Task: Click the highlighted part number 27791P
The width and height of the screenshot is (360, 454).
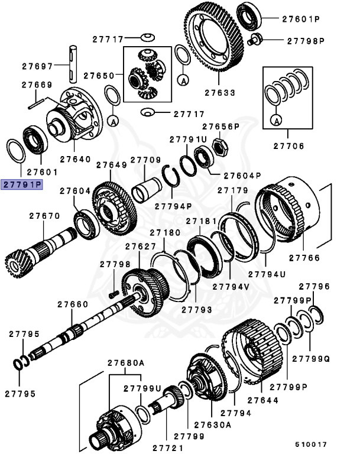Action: coord(22,184)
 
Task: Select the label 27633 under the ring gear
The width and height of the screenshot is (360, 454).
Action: coord(220,93)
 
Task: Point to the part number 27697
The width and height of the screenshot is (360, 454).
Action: coord(37,66)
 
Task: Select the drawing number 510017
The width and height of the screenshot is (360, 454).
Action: coord(311,444)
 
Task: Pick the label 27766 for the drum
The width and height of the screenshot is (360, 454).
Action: coord(304,258)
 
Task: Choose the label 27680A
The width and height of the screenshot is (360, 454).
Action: coord(125,362)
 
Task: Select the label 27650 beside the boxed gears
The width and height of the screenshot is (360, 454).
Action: coord(98,76)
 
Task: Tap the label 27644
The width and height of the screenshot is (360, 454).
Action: coord(262,400)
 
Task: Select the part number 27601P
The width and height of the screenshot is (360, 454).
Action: coord(300,19)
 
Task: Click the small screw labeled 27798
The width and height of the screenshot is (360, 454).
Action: coord(114,293)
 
